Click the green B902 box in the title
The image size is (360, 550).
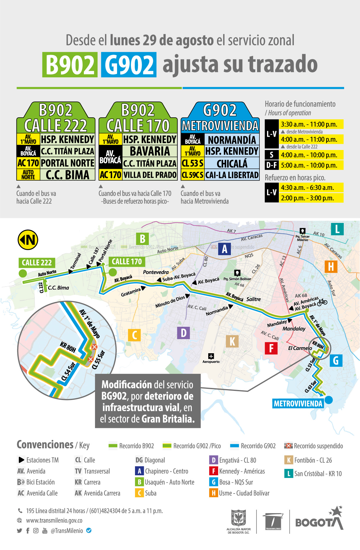click(70, 65)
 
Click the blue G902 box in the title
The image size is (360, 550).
click(129, 65)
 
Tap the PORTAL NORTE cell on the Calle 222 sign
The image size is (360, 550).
click(67, 163)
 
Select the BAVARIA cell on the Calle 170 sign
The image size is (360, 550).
click(150, 151)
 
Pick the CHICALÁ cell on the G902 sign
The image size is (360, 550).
click(232, 164)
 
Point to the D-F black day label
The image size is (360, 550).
click(271, 165)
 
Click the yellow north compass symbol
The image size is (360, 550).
click(28, 240)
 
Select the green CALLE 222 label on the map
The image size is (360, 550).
click(37, 262)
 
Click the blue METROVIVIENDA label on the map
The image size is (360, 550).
click(298, 404)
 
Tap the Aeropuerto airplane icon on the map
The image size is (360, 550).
click(211, 356)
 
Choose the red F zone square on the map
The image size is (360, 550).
click(271, 348)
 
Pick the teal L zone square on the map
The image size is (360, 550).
click(337, 229)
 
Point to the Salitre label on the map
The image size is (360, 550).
click(254, 299)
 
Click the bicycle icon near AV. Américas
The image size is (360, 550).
click(322, 302)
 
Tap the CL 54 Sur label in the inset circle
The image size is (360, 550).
click(68, 371)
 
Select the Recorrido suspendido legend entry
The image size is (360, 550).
click(314, 446)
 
